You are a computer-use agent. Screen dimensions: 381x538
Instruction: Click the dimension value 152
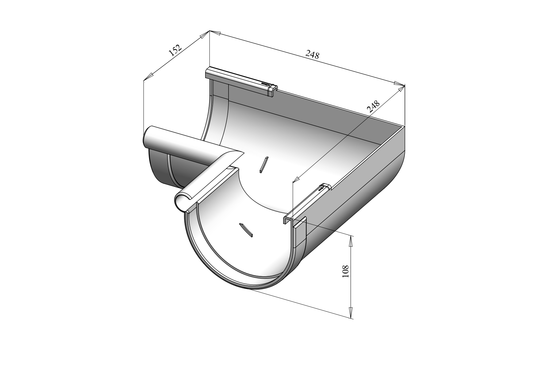coord(175,50)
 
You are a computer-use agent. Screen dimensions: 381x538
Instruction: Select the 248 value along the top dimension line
coord(313,55)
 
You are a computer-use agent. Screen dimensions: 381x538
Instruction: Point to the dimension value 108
coord(346,271)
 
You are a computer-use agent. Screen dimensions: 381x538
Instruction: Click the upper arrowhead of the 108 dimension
coord(351,241)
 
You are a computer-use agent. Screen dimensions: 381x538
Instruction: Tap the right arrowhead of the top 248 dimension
coord(399,84)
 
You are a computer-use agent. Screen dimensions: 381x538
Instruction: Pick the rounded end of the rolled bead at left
coord(148,138)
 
